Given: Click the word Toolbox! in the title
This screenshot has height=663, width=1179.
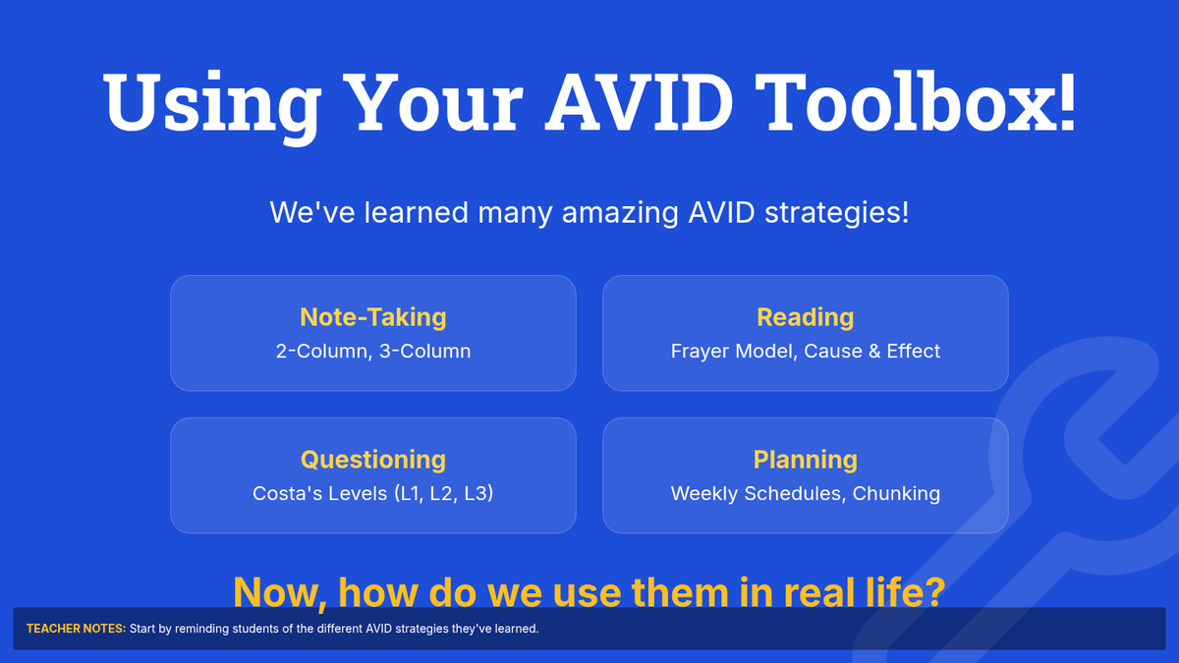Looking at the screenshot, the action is [916, 101].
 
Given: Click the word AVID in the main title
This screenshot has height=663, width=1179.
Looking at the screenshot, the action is [639, 102].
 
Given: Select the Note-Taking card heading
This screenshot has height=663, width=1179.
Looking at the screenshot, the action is [373, 317].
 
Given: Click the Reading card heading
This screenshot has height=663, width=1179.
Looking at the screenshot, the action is [806, 317].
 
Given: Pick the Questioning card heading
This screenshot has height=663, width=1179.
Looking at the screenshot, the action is [373, 460].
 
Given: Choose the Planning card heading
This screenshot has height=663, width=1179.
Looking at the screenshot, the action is [806, 460].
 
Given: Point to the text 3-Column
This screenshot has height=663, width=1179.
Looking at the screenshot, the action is [424, 351].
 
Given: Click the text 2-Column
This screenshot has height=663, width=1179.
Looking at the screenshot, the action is [323, 351].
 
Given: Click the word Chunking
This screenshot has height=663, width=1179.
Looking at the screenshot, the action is [896, 493].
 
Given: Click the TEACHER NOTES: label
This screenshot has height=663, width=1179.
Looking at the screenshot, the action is [77, 629].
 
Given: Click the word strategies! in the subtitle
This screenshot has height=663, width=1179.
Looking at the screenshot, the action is [836, 213].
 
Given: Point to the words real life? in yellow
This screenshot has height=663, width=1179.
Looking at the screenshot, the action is [865, 592].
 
